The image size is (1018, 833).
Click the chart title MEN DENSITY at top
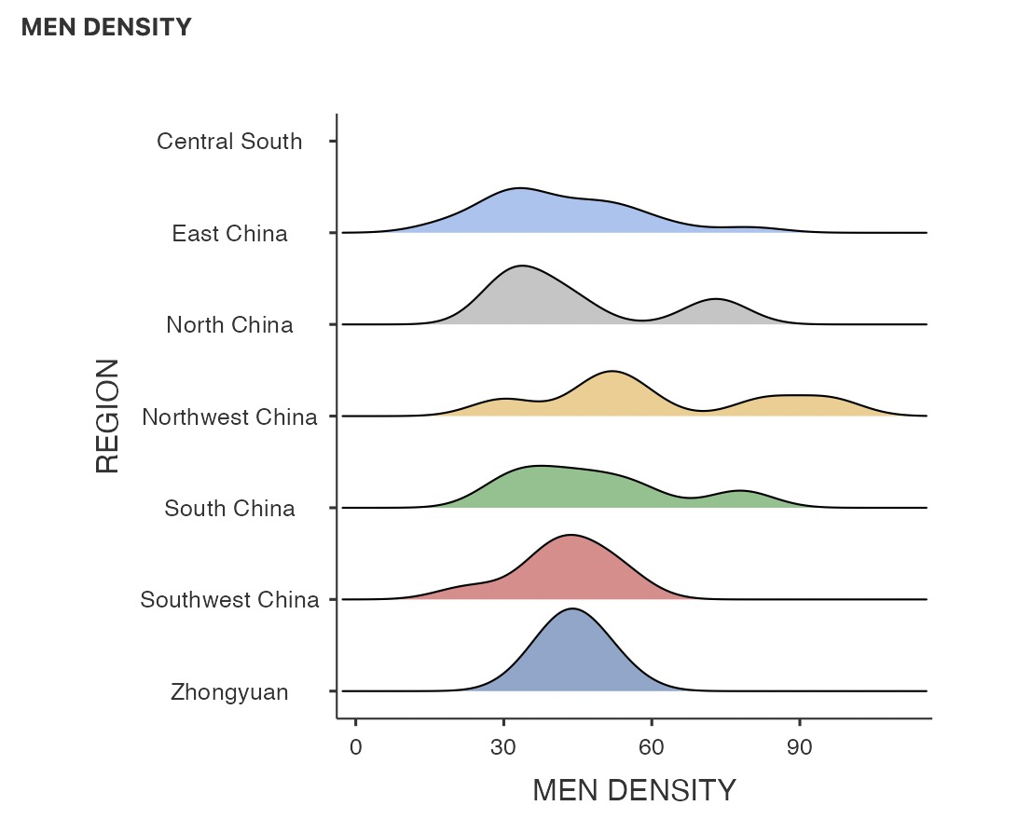click(106, 27)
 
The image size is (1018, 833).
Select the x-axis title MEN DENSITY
click(634, 790)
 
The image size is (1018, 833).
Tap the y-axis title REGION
click(108, 416)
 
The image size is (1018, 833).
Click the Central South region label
click(229, 142)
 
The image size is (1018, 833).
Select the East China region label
click(229, 233)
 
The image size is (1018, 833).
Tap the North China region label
click(229, 325)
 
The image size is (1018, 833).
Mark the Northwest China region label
click(229, 416)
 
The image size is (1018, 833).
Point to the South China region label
click(229, 509)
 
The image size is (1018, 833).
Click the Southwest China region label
click(229, 600)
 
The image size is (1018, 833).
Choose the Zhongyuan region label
click(229, 692)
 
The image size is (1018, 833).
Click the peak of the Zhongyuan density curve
click(571, 609)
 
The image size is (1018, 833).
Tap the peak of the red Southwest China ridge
click(570, 536)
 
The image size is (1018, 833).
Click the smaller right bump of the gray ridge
click(715, 300)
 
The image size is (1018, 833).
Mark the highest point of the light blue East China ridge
click(519, 188)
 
